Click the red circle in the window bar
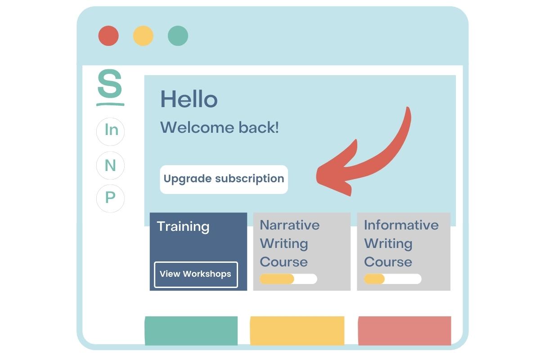tap(108, 36)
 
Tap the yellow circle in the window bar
tap(143, 36)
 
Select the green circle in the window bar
tap(178, 36)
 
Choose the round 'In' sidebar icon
tap(110, 131)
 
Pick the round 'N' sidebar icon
tap(110, 166)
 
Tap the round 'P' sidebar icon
tap(110, 198)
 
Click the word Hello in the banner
tap(189, 99)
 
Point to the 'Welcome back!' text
tap(220, 127)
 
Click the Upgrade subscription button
tap(224, 180)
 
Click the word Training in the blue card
tap(183, 227)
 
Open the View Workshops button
tap(196, 274)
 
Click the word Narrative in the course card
tap(290, 225)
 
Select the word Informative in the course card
tap(401, 225)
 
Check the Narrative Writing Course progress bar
tap(288, 279)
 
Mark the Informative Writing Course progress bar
tap(393, 279)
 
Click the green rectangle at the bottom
tap(191, 331)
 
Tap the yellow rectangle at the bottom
tap(297, 331)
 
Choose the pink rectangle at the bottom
tap(405, 331)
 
